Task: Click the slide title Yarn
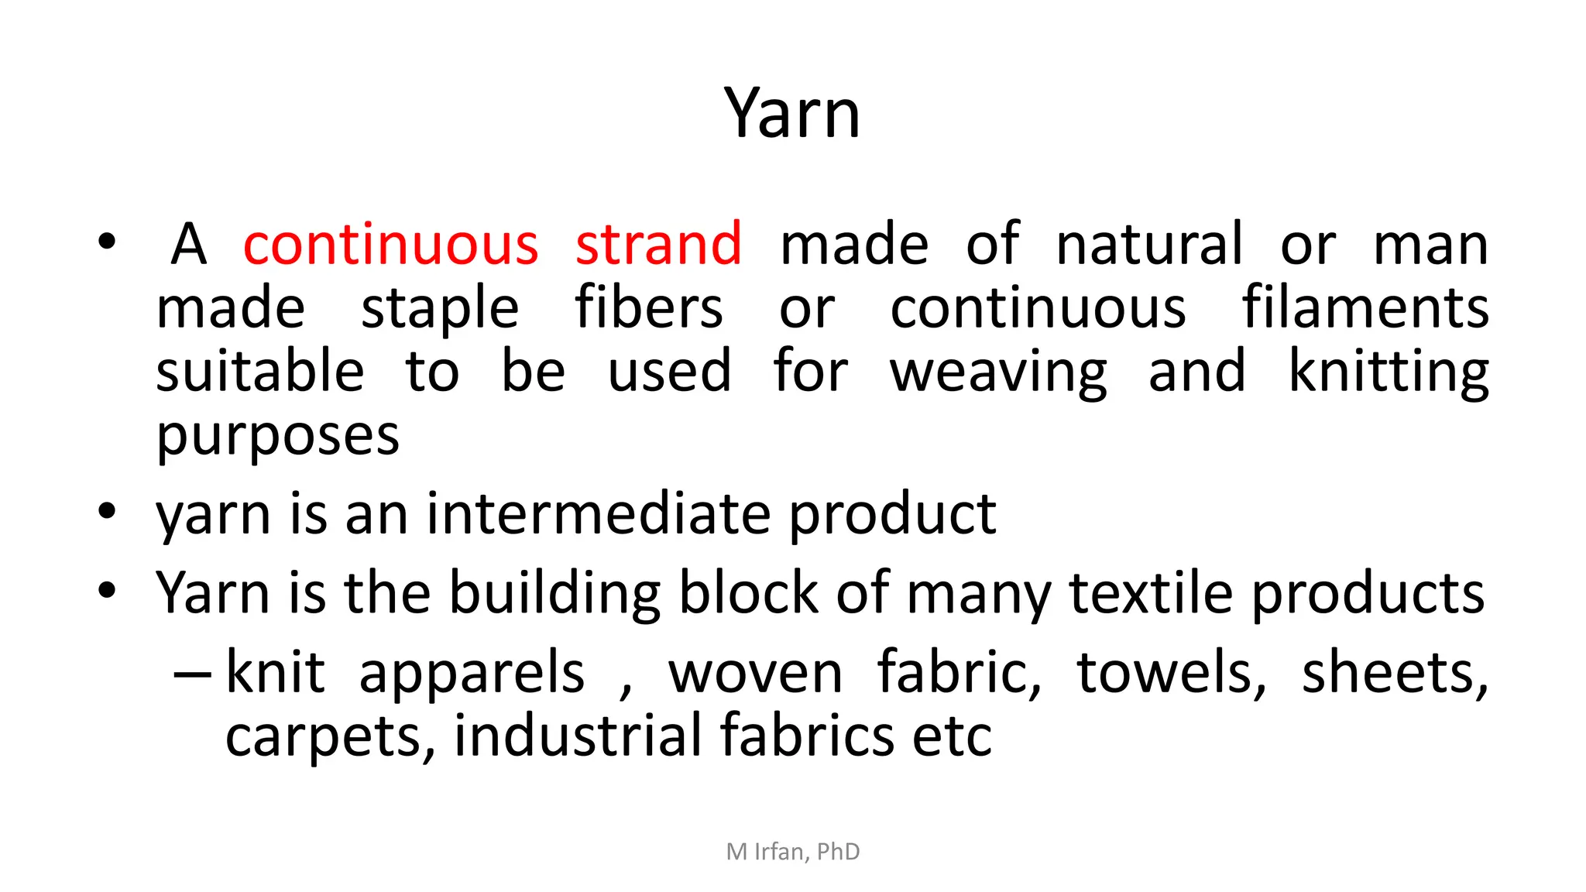click(x=792, y=114)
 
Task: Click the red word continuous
click(x=390, y=245)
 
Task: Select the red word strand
click(x=658, y=245)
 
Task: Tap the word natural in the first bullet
click(x=1149, y=245)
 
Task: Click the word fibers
click(x=649, y=308)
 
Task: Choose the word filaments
click(x=1365, y=308)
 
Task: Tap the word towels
click(x=1171, y=672)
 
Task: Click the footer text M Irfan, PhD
click(x=793, y=852)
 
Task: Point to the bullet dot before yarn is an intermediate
click(x=107, y=512)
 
